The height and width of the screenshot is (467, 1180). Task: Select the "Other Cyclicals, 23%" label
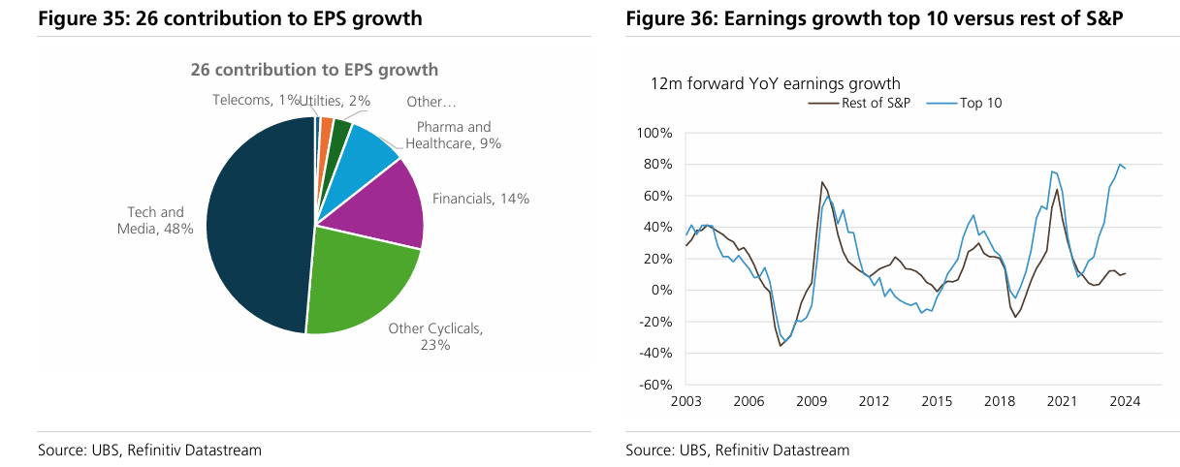pos(435,336)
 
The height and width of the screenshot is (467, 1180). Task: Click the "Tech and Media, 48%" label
pos(155,220)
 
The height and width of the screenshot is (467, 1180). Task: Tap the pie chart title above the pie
pos(313,70)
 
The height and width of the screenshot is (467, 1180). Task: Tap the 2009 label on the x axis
pos(811,401)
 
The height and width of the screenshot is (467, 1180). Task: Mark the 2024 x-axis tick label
pos(1124,401)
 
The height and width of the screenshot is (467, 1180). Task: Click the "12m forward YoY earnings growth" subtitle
pos(776,84)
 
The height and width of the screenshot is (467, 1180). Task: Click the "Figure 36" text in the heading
pos(669,18)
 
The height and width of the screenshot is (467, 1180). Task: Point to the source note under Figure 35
pos(149,450)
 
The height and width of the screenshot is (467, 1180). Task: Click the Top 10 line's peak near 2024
pos(1120,165)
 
